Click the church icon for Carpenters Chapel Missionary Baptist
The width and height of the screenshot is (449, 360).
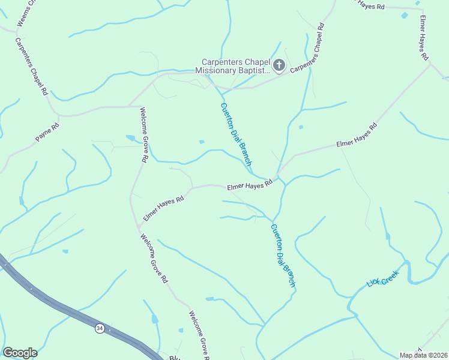point(279,65)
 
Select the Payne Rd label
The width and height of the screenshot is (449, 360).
point(47,132)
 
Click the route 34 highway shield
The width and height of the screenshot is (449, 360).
point(99,328)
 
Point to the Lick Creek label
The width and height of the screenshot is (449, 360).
point(382,279)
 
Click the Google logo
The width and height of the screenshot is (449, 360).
point(20,353)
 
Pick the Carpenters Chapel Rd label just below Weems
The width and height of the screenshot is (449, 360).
point(31,67)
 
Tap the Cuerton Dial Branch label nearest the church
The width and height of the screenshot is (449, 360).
point(235,133)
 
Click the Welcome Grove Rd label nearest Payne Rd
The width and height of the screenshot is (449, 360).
point(143,134)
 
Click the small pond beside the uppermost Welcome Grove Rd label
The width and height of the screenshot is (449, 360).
point(130,138)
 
